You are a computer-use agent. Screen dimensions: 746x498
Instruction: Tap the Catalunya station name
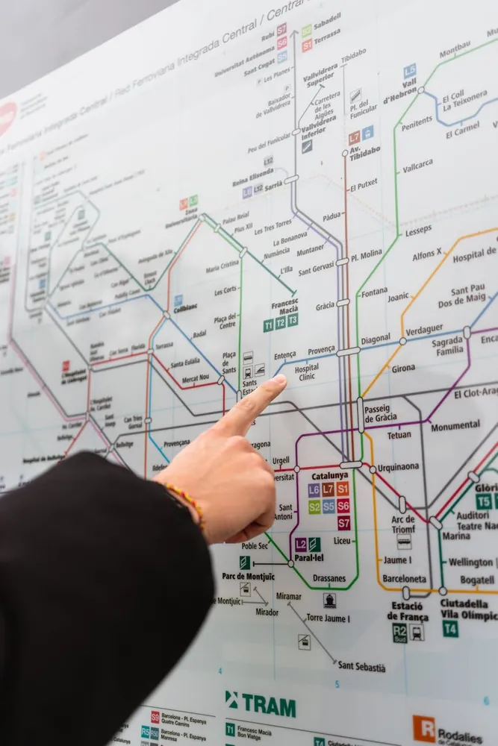(330, 475)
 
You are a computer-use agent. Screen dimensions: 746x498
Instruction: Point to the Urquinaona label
(398, 468)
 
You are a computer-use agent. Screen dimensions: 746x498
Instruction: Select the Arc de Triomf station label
(403, 524)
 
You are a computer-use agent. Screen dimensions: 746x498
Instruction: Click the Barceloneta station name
(405, 578)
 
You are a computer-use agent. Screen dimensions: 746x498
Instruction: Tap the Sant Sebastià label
(361, 666)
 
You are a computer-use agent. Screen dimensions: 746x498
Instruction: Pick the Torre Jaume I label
(328, 618)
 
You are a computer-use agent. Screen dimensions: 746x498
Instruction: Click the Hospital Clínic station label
(306, 372)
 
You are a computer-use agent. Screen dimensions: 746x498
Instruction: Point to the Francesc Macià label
(284, 307)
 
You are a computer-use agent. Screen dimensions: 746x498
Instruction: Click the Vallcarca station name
(417, 166)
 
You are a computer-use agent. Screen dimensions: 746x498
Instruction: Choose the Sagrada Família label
(448, 346)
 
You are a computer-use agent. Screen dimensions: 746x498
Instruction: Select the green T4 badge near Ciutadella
(450, 629)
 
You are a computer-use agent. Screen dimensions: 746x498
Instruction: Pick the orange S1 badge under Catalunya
(343, 489)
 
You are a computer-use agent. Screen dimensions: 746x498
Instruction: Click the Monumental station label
(455, 425)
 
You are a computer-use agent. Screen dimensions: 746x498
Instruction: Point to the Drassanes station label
(329, 578)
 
